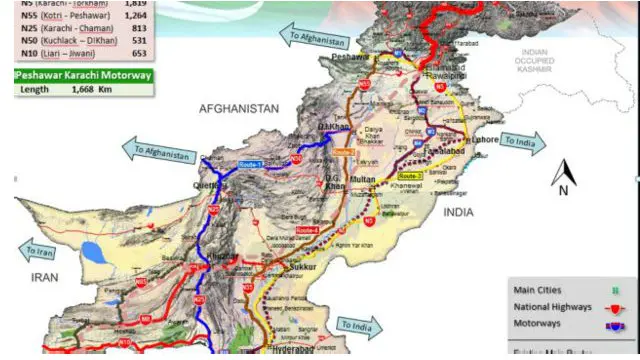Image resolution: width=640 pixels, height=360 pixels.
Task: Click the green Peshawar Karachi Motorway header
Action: pyautogui.click(x=84, y=75)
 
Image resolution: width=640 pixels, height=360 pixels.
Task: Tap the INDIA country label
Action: pyautogui.click(x=460, y=212)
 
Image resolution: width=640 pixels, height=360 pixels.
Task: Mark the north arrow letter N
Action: pyautogui.click(x=564, y=188)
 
